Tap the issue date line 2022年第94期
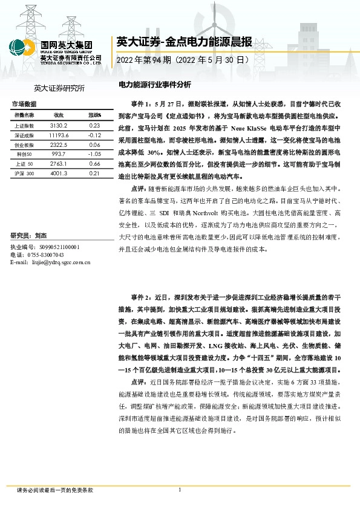pos(182,61)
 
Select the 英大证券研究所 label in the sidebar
pos(60,88)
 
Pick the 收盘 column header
pos(59,114)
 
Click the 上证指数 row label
pos(24,125)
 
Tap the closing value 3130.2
pos(59,125)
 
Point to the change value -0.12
pos(94,135)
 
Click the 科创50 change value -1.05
pos(94,155)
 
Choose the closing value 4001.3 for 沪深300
pos(59,173)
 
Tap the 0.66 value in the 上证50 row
pos(94,164)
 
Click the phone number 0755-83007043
pos(53,255)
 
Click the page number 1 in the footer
pos(180,490)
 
